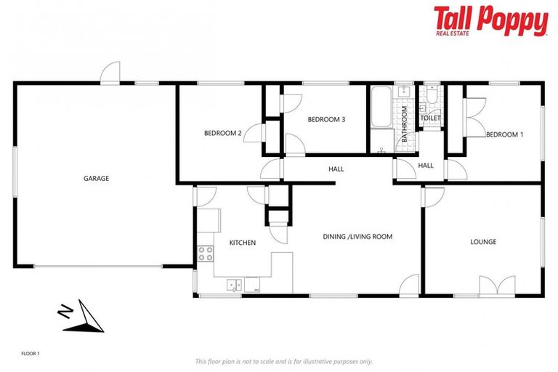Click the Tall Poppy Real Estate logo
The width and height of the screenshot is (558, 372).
pos(490,20)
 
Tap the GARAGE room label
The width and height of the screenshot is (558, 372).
pos(96,178)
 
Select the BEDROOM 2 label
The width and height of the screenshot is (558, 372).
pos(222,133)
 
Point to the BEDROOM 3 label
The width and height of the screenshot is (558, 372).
pos(325,119)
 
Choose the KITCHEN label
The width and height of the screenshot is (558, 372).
pos(243,242)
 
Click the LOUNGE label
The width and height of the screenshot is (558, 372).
pos(483,241)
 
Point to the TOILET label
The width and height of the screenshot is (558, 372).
pos(430,118)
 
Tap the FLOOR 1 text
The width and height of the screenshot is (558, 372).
pos(30,353)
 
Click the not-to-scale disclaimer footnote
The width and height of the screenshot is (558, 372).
pos(283,361)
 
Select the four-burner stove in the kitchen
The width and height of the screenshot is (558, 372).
pos(206,254)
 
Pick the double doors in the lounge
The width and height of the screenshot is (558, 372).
pos(497,286)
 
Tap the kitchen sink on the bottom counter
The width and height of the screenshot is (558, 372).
pos(234,285)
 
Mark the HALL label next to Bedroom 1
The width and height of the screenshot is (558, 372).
pos(426,166)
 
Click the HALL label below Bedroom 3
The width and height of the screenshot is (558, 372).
pos(336,169)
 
